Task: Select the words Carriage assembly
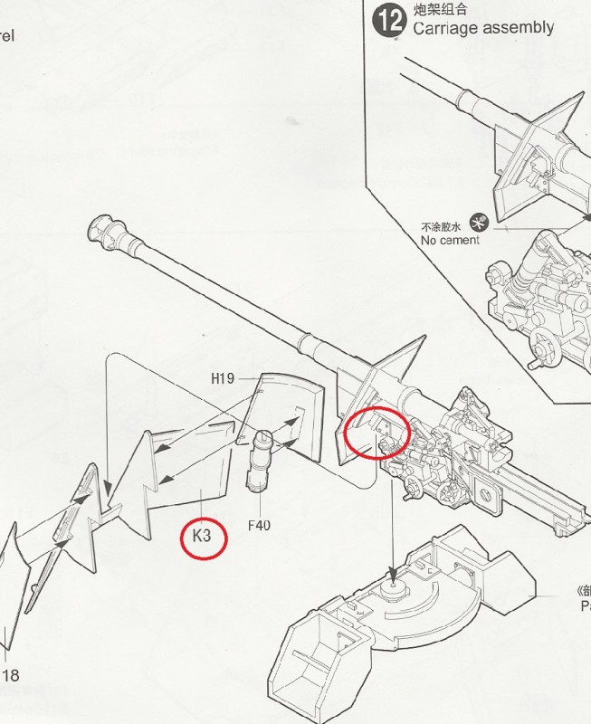click(482, 27)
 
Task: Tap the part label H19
click(226, 378)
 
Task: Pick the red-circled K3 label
click(203, 536)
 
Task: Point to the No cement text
click(450, 240)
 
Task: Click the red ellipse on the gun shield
click(377, 433)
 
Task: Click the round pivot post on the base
click(394, 589)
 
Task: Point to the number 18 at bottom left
click(10, 675)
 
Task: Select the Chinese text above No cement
click(442, 226)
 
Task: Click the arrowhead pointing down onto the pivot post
click(393, 573)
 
